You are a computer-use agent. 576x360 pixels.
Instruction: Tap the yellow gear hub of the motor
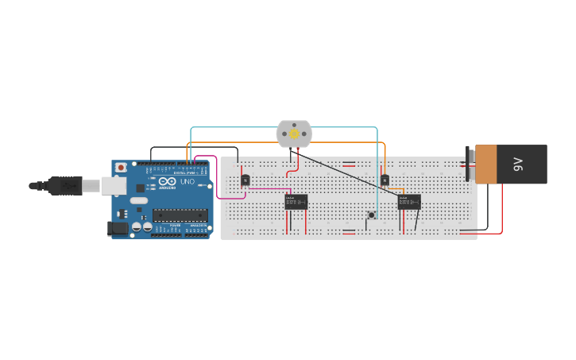click(x=294, y=134)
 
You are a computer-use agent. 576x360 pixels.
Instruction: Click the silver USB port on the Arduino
click(x=112, y=185)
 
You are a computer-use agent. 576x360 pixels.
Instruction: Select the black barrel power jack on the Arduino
click(x=117, y=228)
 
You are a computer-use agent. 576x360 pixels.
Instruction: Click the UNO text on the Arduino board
click(x=187, y=182)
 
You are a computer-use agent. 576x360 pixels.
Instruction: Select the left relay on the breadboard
click(x=296, y=202)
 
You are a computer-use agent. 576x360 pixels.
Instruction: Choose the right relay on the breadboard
click(x=409, y=202)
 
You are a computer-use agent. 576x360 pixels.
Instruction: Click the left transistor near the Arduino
click(x=245, y=180)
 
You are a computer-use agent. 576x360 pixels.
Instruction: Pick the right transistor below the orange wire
click(x=385, y=180)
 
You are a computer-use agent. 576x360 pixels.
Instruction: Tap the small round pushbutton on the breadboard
click(x=371, y=215)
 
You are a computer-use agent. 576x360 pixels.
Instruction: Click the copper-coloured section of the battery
click(x=485, y=165)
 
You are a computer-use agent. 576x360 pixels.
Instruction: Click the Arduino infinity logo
click(x=168, y=182)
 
